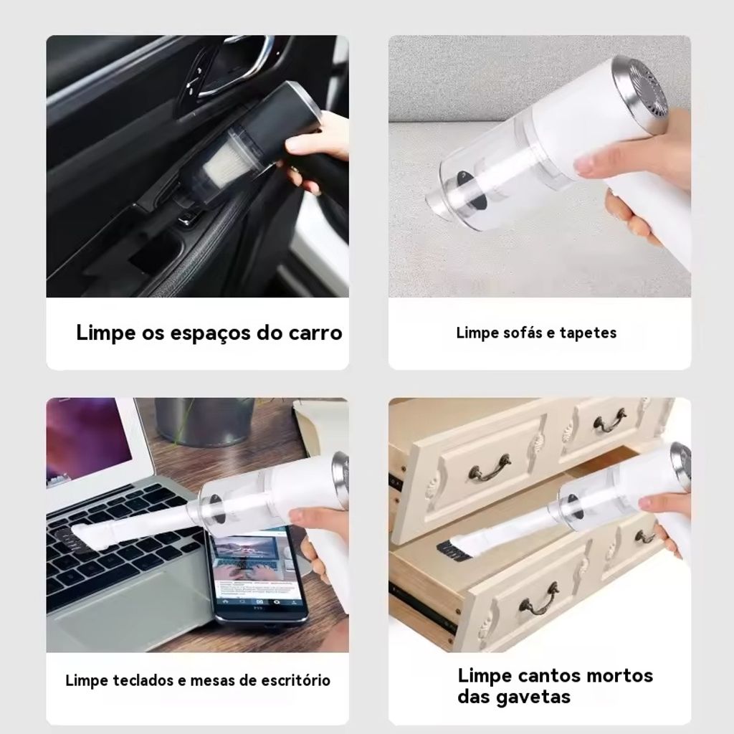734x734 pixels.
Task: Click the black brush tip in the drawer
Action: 452,551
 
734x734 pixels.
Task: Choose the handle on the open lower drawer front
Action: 538,600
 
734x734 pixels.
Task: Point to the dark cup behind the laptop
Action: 204,422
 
